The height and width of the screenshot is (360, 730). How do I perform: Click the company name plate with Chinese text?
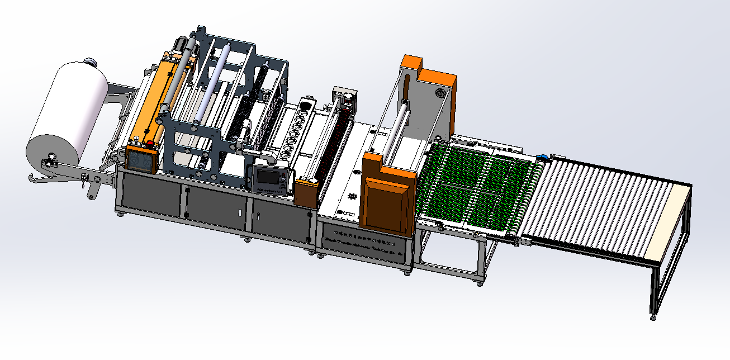click(x=363, y=238)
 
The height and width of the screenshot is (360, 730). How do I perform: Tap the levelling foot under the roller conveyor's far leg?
click(x=653, y=318)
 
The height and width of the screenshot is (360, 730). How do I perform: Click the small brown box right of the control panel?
click(x=305, y=193)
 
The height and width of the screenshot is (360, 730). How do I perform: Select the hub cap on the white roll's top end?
click(x=89, y=62)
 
